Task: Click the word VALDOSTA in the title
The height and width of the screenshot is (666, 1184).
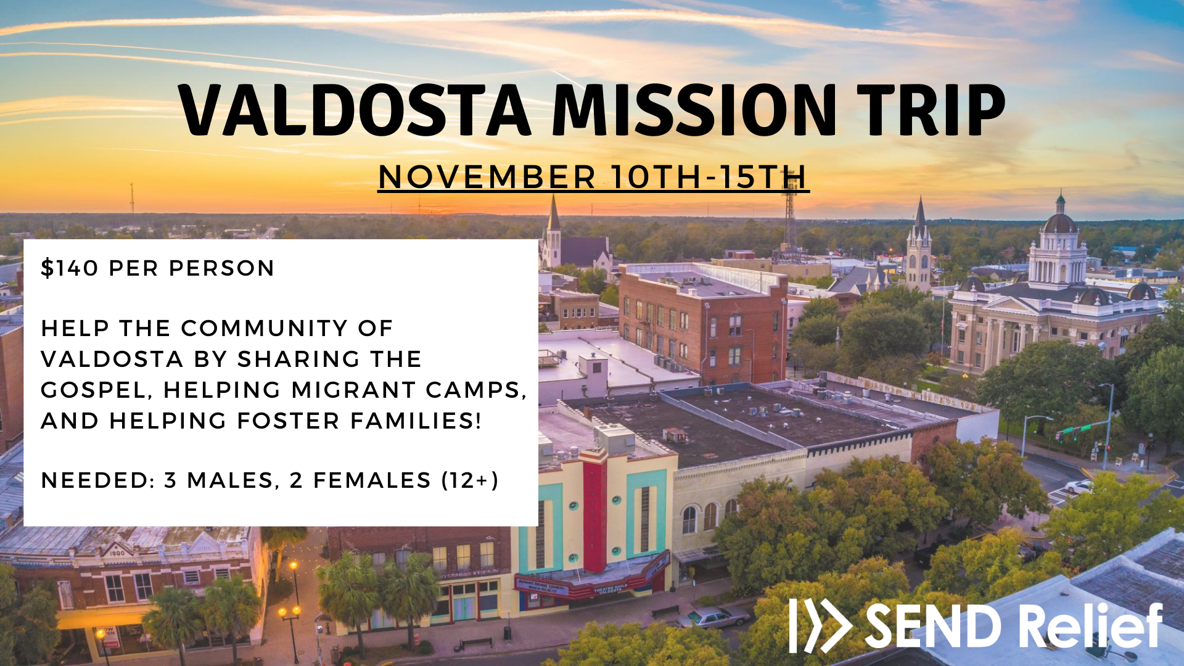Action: pyautogui.click(x=355, y=110)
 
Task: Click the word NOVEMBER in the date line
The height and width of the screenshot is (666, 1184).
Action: pyautogui.click(x=487, y=177)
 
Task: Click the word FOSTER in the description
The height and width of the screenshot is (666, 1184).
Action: pyautogui.click(x=289, y=421)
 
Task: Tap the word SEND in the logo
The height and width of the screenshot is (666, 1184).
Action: pyautogui.click(x=932, y=627)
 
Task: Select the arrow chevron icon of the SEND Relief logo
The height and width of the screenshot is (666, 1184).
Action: pyautogui.click(x=821, y=625)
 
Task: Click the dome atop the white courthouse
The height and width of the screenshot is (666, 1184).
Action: pyautogui.click(x=1059, y=222)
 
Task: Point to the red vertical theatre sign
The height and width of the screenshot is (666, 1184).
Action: pyautogui.click(x=595, y=515)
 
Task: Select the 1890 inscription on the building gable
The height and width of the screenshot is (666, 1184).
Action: pyautogui.click(x=117, y=553)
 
